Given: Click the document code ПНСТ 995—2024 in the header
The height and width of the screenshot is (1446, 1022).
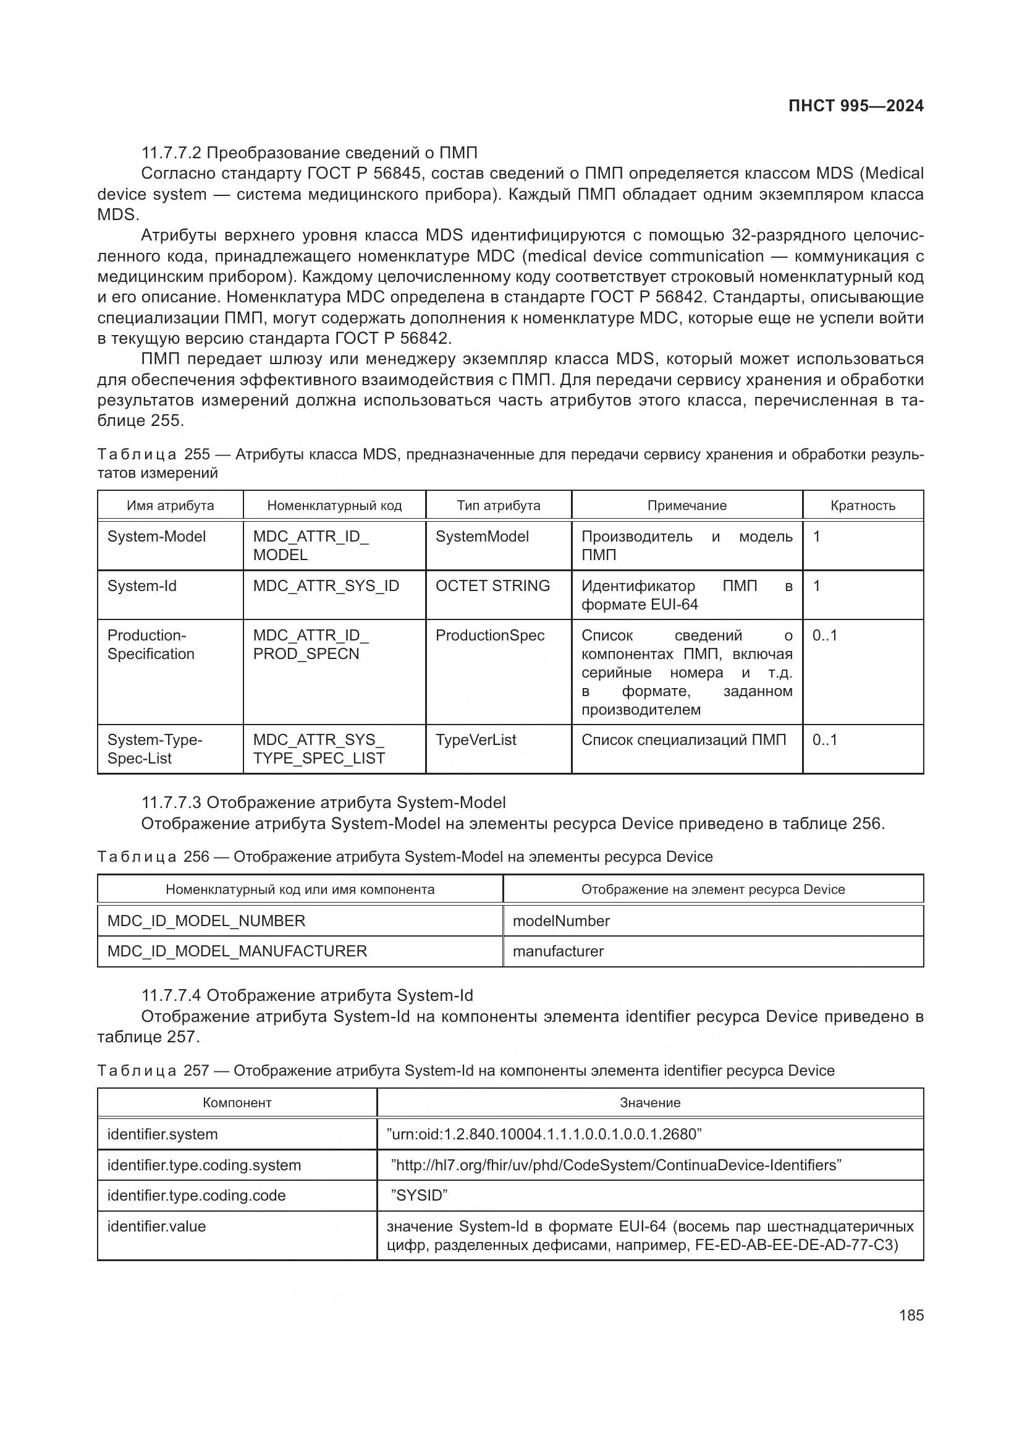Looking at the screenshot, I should click(x=855, y=106).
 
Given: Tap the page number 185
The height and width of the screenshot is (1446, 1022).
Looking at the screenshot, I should click(x=911, y=1315).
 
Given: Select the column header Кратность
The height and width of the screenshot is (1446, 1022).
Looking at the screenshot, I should click(x=862, y=505).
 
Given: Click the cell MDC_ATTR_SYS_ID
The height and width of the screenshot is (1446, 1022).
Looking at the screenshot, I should click(x=326, y=585).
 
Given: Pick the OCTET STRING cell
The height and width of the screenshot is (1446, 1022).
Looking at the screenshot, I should click(x=492, y=585).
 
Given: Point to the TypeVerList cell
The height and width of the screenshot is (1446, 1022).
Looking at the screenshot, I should click(x=476, y=739).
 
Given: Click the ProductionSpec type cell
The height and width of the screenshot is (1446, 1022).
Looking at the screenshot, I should click(x=489, y=635).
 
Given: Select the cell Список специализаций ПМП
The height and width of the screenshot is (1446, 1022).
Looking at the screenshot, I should click(x=683, y=739).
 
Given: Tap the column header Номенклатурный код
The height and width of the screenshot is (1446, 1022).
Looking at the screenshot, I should click(x=334, y=505).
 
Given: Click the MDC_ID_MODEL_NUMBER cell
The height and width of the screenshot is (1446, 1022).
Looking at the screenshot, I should click(x=206, y=921).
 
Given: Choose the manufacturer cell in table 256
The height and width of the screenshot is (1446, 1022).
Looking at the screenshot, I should click(x=557, y=951).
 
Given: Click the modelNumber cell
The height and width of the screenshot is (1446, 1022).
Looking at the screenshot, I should click(x=560, y=921).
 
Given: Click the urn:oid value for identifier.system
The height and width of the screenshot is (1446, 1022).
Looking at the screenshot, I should click(x=544, y=1134).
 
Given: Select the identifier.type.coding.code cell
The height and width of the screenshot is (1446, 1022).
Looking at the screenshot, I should click(x=196, y=1196).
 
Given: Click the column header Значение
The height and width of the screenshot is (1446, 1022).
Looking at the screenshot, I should click(x=649, y=1103).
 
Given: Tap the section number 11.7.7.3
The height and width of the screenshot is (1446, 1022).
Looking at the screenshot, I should click(x=171, y=802).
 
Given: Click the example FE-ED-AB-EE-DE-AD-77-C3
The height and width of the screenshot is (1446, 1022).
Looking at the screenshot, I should click(x=796, y=1245).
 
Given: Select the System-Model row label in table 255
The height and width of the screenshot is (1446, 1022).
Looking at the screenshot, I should click(x=157, y=537).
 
